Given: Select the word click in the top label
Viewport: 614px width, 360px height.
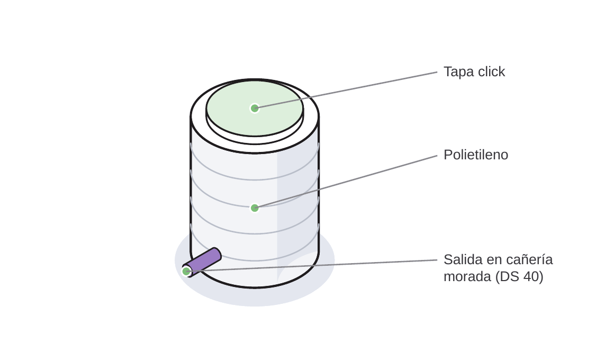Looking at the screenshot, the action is (x=491, y=71).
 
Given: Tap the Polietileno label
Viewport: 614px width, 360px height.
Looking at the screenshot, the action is (x=476, y=155).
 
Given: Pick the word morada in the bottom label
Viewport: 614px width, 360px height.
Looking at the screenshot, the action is (x=467, y=276).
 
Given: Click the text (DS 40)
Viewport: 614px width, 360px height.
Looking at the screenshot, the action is (x=519, y=276).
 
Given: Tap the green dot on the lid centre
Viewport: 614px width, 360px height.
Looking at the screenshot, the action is (x=255, y=108).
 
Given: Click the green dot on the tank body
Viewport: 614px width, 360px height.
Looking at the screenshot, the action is (x=255, y=208).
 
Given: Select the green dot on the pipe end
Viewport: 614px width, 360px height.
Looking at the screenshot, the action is (x=186, y=271).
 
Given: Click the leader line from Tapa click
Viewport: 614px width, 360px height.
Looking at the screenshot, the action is (x=346, y=89).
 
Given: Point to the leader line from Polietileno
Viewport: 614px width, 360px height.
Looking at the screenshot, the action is (x=346, y=182).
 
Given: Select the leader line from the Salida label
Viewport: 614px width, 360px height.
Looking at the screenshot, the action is (x=312, y=265).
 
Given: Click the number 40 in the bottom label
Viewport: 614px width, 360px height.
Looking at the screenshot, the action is (x=530, y=276).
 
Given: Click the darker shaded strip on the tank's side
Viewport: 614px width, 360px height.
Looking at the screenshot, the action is (x=297, y=212).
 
